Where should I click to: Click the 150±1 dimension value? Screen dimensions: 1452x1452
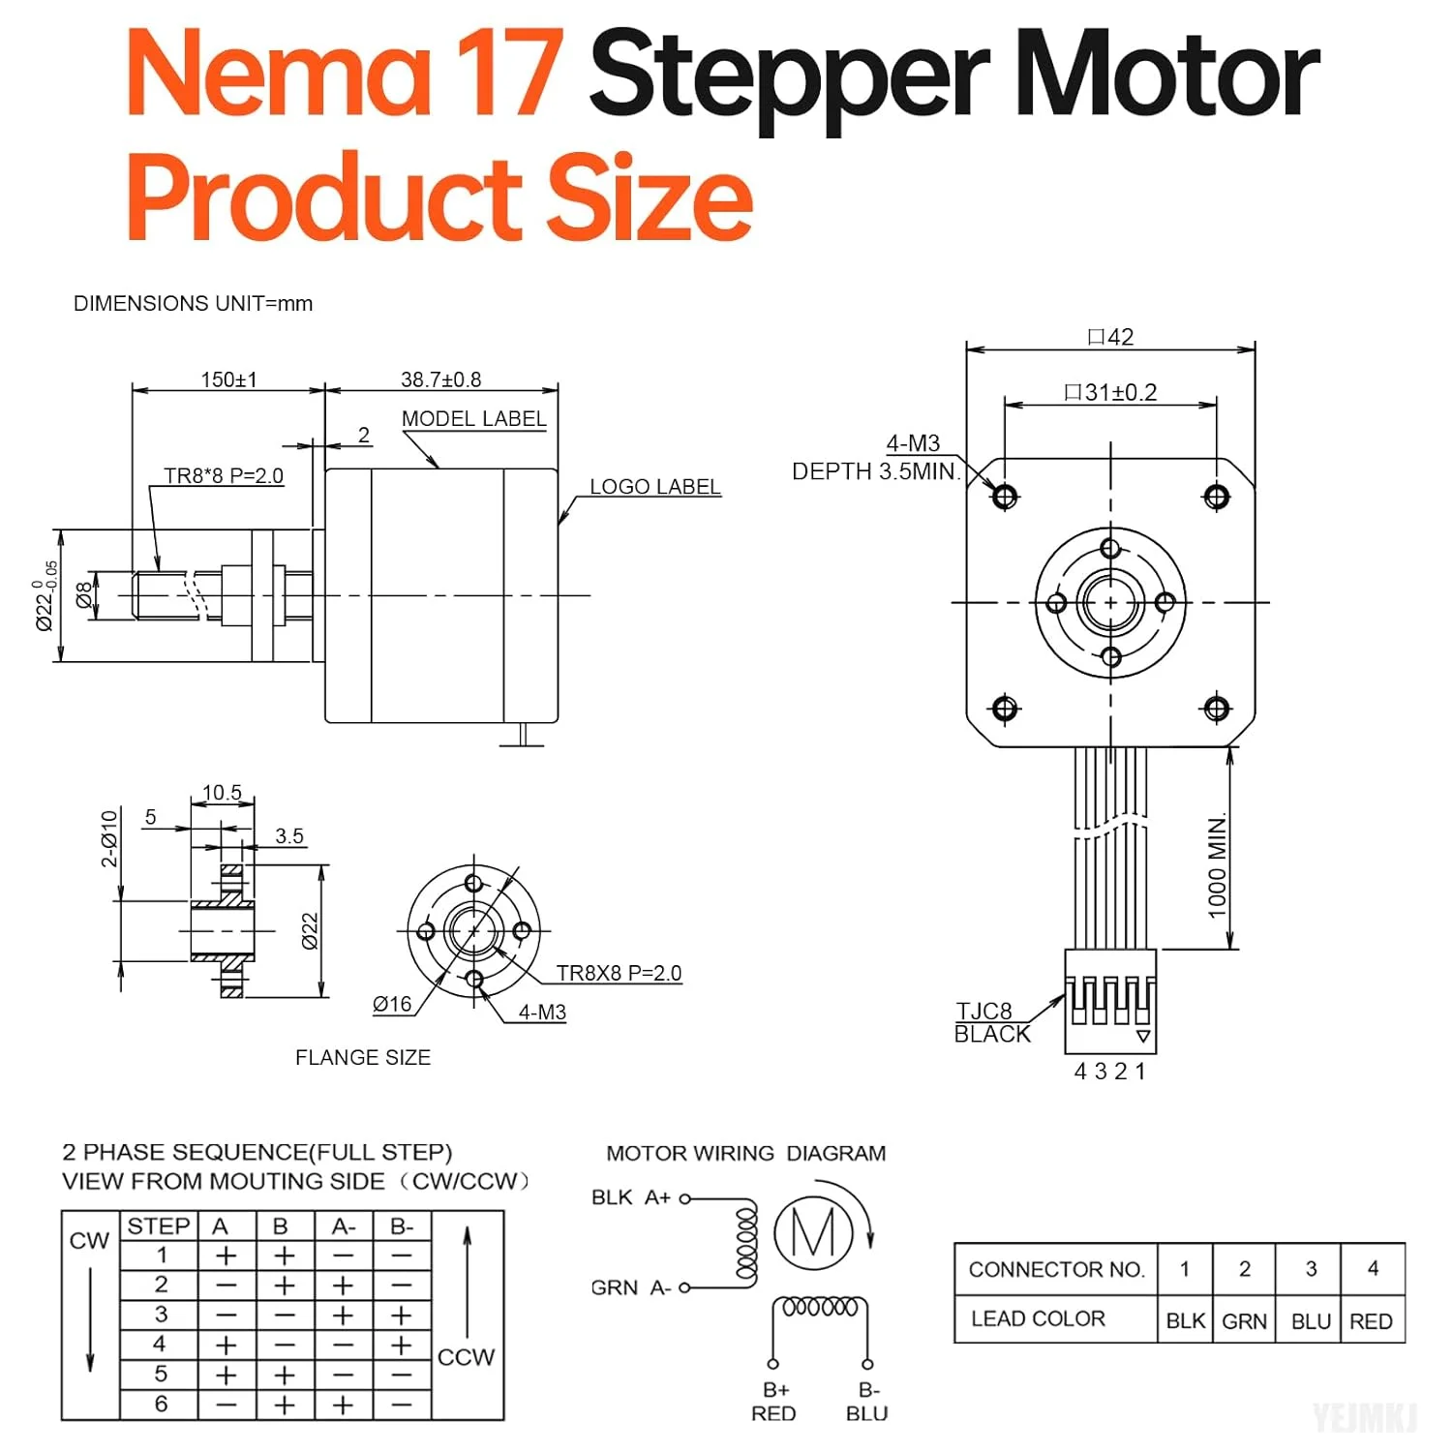228,379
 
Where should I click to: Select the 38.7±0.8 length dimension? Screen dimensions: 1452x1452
440,379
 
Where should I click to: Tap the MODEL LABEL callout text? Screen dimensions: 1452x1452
473,419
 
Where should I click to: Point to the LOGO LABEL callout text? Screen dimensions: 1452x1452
655,487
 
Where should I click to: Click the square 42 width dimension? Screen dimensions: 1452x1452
1110,337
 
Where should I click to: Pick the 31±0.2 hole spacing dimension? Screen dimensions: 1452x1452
1110,392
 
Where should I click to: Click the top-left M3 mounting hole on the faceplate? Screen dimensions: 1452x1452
1005,497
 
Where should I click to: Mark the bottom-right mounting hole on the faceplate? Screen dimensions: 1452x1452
1216,709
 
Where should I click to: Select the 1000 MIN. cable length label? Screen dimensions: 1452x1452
1217,864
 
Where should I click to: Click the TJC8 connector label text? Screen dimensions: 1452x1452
984,1012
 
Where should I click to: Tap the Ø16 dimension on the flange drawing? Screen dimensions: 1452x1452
392,1005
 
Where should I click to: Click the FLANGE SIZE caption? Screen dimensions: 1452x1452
363,1058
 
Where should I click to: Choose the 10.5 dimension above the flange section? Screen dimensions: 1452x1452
222,793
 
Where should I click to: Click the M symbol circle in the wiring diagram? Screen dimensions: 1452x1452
813,1233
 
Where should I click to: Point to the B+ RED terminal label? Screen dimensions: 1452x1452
774,1402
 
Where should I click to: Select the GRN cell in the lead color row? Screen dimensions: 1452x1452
1244,1321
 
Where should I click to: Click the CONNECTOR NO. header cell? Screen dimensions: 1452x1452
1056,1269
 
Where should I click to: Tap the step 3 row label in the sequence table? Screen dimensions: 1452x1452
161,1315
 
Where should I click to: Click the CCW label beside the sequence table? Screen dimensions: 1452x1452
466,1357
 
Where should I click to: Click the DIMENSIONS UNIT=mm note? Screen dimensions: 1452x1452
193,304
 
